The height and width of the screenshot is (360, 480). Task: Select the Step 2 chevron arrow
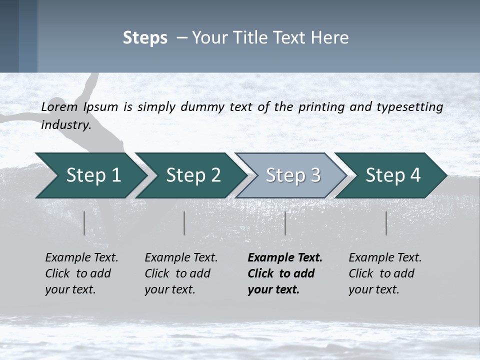192,175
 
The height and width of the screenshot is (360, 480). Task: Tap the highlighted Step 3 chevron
292,175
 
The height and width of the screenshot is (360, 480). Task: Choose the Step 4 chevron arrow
392,175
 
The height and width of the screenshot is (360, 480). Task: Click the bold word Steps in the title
145,38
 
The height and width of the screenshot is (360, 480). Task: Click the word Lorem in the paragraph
59,106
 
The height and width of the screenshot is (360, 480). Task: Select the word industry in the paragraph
66,125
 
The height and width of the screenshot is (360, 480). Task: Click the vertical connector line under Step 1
84,223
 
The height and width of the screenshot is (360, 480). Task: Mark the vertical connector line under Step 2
184,223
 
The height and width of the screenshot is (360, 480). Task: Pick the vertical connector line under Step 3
285,223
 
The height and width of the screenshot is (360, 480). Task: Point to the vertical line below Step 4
386,223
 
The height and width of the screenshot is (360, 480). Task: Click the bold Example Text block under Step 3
284,273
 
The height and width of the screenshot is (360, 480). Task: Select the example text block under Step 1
81,273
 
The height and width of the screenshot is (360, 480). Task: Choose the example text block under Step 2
181,273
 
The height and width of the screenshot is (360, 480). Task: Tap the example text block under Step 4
385,273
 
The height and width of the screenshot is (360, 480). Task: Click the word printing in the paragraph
322,106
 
